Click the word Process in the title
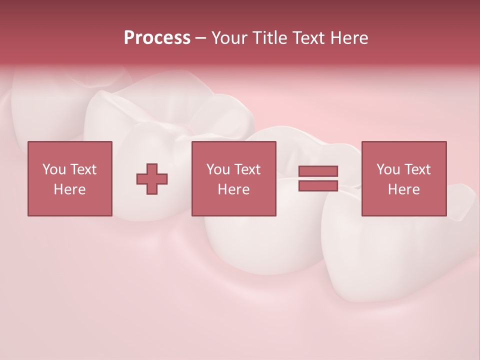pyautogui.click(x=157, y=38)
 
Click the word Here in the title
pyautogui.click(x=350, y=38)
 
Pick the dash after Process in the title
pyautogui.click(x=200, y=38)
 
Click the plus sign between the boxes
pyautogui.click(x=152, y=179)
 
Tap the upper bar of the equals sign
pyautogui.click(x=318, y=171)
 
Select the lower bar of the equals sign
pyautogui.click(x=318, y=185)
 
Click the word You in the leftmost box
pyautogui.click(x=53, y=169)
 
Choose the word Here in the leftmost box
pyautogui.click(x=69, y=189)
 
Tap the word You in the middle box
pyautogui.click(x=218, y=169)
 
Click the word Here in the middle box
pyautogui.click(x=233, y=189)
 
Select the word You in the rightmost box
pyautogui.click(x=388, y=169)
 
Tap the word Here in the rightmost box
pyautogui.click(x=403, y=189)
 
